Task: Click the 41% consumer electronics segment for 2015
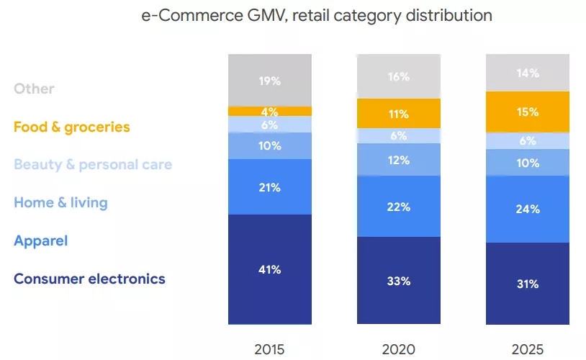coord(270,269)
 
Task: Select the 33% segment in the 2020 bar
coord(399,281)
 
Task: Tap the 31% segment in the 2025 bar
coord(528,284)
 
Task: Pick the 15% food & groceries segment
coord(528,112)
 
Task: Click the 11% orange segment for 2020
coord(399,113)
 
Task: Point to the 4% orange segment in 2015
coord(270,112)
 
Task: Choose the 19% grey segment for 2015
coord(270,81)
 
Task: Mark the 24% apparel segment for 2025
coord(528,210)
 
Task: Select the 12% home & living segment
coord(399,160)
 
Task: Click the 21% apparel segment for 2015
coord(270,187)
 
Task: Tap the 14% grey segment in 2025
coord(528,73)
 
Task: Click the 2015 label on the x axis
coord(270,349)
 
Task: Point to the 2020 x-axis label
coord(399,349)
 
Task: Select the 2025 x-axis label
coord(528,349)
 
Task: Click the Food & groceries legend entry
coord(72,127)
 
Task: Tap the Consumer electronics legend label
coord(89,279)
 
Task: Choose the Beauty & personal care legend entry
coord(93,165)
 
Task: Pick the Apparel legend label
coord(40,240)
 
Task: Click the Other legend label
coord(34,89)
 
